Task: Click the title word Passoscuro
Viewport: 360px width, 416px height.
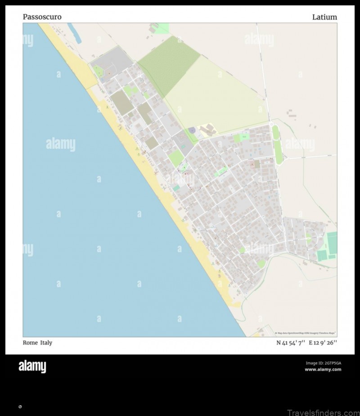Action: (42, 17)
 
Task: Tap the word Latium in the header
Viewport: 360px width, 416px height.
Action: (324, 17)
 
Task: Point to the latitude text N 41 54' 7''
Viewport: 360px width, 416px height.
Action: (290, 343)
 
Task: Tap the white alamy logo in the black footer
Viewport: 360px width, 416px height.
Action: (32, 367)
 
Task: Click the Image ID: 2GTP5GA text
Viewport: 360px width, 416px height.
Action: (323, 363)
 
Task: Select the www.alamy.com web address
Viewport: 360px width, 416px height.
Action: (323, 370)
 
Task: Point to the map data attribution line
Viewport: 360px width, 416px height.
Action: (306, 333)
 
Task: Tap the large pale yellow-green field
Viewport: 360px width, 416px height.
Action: (216, 97)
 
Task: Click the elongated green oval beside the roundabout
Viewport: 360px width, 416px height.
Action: (277, 144)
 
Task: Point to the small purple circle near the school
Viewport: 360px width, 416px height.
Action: (192, 130)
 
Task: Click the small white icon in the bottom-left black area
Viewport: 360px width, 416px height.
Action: (20, 407)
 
